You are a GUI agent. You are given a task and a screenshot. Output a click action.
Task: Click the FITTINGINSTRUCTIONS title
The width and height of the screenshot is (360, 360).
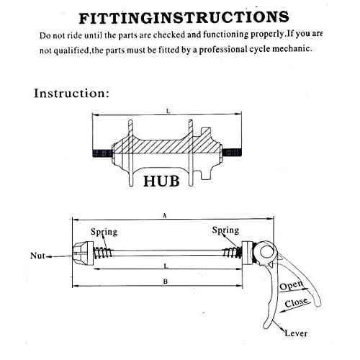(x=184, y=17)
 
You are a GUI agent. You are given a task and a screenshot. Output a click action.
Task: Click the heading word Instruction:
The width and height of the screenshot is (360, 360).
(x=71, y=93)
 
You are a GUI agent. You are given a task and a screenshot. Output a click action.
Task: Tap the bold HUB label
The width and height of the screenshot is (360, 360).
(x=161, y=181)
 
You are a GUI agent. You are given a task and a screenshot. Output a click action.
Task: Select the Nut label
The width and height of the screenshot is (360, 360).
(x=37, y=256)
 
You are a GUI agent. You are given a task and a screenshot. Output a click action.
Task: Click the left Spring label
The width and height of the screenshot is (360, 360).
(x=104, y=232)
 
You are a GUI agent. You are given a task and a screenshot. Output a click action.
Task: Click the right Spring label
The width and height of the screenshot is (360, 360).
(x=225, y=230)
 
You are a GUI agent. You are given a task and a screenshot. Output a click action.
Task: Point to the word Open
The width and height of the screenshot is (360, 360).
(x=291, y=285)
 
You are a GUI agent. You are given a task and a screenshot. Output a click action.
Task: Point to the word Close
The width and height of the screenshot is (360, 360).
(x=296, y=302)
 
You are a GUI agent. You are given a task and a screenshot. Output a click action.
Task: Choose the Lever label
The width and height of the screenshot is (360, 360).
(x=296, y=333)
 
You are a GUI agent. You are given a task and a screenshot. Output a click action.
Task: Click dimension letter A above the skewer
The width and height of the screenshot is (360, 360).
(x=164, y=216)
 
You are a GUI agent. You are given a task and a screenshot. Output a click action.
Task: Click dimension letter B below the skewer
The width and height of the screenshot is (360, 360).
(x=166, y=282)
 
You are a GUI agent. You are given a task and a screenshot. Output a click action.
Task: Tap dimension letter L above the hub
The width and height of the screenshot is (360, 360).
(x=168, y=111)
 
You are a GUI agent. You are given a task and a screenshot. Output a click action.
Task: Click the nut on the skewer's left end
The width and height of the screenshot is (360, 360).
(x=83, y=253)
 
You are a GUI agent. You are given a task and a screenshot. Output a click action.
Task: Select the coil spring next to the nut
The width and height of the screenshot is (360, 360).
(x=103, y=253)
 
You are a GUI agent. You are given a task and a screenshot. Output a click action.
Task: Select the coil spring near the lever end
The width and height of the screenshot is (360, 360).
(x=233, y=253)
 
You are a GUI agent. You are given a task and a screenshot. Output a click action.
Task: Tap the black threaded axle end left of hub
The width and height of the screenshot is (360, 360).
(x=103, y=153)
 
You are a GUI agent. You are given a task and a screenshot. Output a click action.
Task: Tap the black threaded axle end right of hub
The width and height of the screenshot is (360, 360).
(x=231, y=153)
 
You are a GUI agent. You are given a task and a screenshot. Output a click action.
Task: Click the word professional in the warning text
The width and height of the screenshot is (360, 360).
(x=223, y=50)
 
